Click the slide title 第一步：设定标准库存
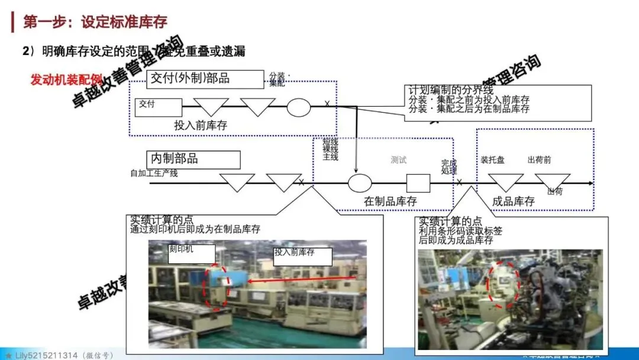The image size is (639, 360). [x=95, y=22]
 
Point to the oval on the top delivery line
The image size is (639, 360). [x=299, y=107]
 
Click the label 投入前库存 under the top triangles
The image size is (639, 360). [x=201, y=126]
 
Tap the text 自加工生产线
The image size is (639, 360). [x=154, y=173]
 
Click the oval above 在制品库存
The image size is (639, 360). [x=360, y=183]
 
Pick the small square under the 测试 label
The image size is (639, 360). [x=418, y=183]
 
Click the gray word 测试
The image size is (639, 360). [x=399, y=160]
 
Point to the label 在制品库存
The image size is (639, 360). [x=390, y=202]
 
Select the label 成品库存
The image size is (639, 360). [x=513, y=202]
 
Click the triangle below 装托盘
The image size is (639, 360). [x=505, y=181]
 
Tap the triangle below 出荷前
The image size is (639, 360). [x=551, y=180]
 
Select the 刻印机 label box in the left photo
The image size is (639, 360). [x=189, y=253]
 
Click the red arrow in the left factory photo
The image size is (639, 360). [x=302, y=280]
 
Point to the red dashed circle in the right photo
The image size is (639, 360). [x=503, y=285]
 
